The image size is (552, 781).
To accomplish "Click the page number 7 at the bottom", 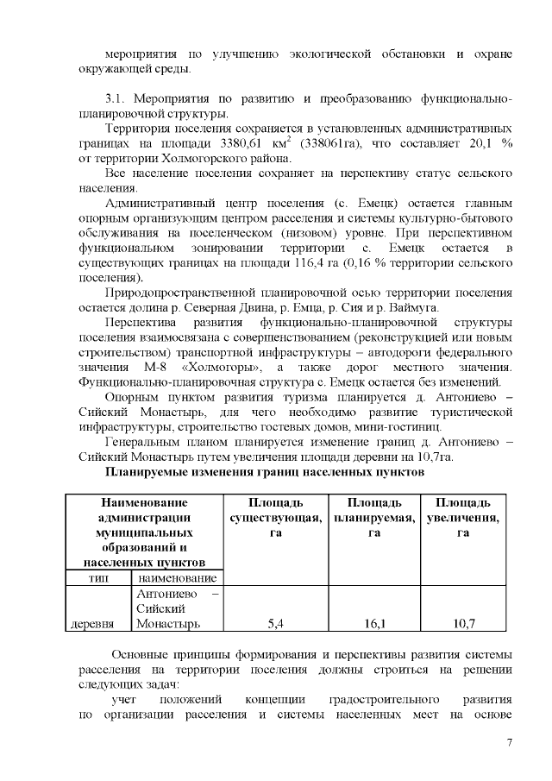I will coord(510,745).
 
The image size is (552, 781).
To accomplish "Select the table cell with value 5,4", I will coord(277,622).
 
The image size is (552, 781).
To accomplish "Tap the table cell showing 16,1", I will coord(371,622).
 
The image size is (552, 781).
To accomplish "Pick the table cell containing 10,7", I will coord(463,622).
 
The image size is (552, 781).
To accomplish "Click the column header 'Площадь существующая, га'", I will coord(276,518).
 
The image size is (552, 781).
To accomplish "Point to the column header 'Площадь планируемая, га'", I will coord(372,518).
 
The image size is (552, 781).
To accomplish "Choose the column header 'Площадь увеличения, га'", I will coord(463,518).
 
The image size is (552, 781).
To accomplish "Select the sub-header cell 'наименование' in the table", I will coord(176,577).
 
